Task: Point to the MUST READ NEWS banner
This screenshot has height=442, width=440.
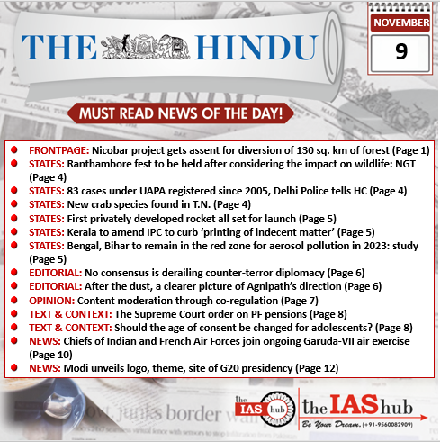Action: pos(181,114)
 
